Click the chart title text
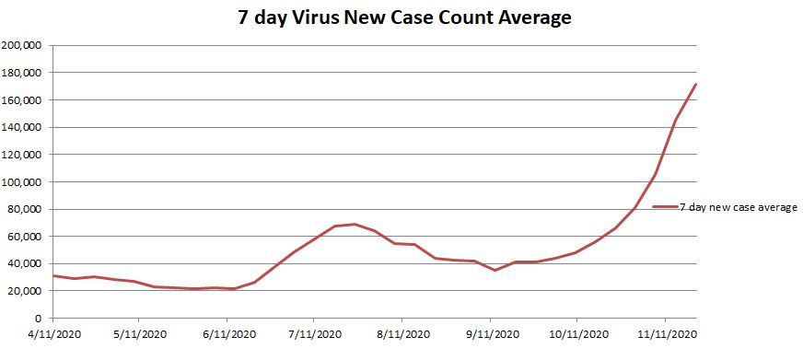coord(401,17)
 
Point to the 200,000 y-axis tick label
coord(25,45)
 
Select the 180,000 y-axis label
coord(25,73)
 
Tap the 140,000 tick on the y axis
coord(25,127)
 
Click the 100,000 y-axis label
coord(25,181)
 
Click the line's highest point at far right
coord(695,85)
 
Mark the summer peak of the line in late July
coord(355,224)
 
